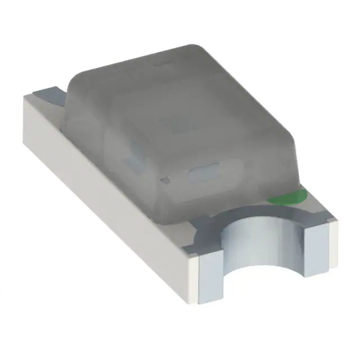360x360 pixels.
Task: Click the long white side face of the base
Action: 107,186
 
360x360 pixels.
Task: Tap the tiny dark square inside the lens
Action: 164,179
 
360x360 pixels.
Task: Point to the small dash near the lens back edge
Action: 159,65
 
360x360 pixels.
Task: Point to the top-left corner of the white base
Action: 25,98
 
